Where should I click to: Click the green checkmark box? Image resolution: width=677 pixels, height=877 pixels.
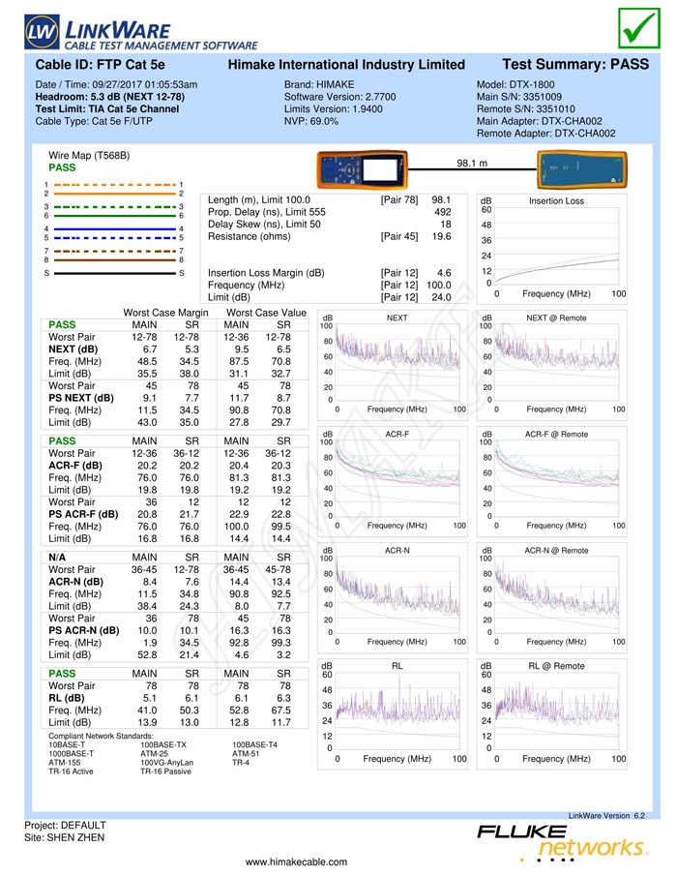pyautogui.click(x=638, y=28)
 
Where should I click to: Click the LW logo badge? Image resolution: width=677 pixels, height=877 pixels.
pyautogui.click(x=42, y=31)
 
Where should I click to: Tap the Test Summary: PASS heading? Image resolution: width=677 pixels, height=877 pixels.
pyautogui.click(x=575, y=64)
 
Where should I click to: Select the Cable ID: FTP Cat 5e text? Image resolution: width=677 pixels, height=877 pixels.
pyautogui.click(x=100, y=65)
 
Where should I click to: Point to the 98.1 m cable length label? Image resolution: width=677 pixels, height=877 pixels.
pyautogui.click(x=472, y=164)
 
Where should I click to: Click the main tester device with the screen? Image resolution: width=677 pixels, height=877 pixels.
pyautogui.click(x=363, y=168)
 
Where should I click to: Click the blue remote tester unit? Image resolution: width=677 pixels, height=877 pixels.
pyautogui.click(x=581, y=169)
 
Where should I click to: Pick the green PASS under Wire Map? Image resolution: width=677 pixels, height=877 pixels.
pyautogui.click(x=62, y=167)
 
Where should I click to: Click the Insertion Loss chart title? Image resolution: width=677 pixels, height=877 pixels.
pyautogui.click(x=556, y=201)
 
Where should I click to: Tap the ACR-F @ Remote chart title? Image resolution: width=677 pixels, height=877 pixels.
pyautogui.click(x=556, y=435)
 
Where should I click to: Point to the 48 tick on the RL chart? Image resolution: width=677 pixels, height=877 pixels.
pyautogui.click(x=327, y=690)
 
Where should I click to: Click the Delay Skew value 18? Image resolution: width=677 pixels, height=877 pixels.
pyautogui.click(x=446, y=225)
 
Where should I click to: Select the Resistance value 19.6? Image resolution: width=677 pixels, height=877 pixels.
pyautogui.click(x=442, y=236)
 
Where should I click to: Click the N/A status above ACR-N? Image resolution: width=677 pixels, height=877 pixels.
pyautogui.click(x=57, y=558)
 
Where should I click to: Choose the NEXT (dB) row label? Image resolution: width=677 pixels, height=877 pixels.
pyautogui.click(x=74, y=349)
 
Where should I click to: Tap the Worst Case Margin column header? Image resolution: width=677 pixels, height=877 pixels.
pyautogui.click(x=165, y=314)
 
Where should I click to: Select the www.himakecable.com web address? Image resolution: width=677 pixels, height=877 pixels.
pyautogui.click(x=296, y=862)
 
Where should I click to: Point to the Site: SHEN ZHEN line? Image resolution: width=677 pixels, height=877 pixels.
pyautogui.click(x=64, y=838)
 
